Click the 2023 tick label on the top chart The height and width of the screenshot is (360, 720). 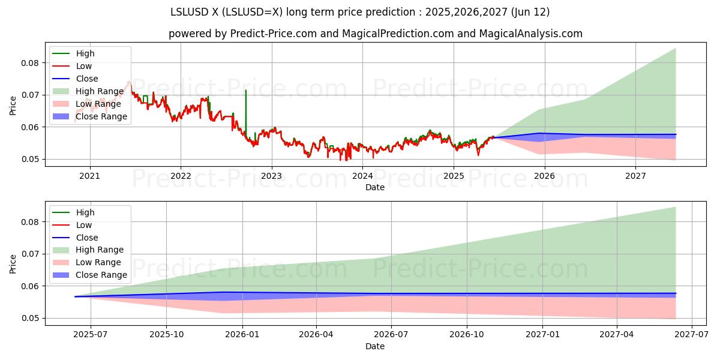[x=271, y=176]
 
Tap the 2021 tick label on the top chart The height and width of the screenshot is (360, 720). [x=90, y=176]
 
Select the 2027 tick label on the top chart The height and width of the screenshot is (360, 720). [x=635, y=176]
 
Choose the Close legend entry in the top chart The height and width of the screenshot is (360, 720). [x=87, y=79]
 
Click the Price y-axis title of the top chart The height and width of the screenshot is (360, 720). [x=13, y=106]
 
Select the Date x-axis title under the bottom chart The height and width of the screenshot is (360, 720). [x=375, y=346]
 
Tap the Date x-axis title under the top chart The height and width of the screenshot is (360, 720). [x=375, y=187]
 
